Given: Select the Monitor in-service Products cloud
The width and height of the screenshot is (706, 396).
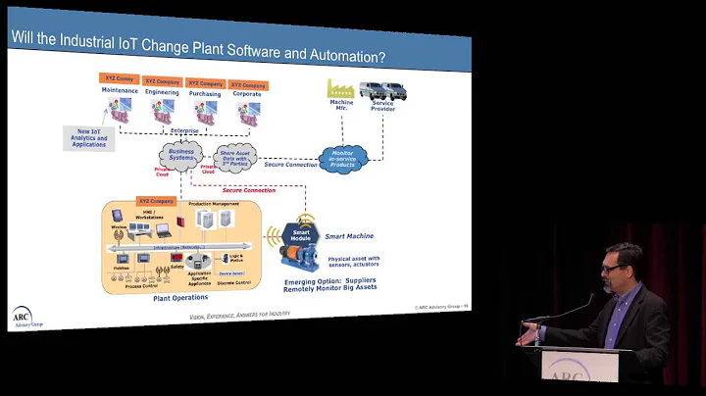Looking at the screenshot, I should (343, 159).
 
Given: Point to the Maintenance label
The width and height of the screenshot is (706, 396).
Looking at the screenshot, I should (121, 89).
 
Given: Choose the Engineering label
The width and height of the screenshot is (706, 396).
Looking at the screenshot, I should (162, 90).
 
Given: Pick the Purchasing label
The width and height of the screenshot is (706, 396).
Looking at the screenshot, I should (205, 90).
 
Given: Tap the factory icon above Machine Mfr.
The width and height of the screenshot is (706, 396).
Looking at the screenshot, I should (339, 88).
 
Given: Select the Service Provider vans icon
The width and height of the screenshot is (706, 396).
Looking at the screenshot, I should (379, 91).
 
